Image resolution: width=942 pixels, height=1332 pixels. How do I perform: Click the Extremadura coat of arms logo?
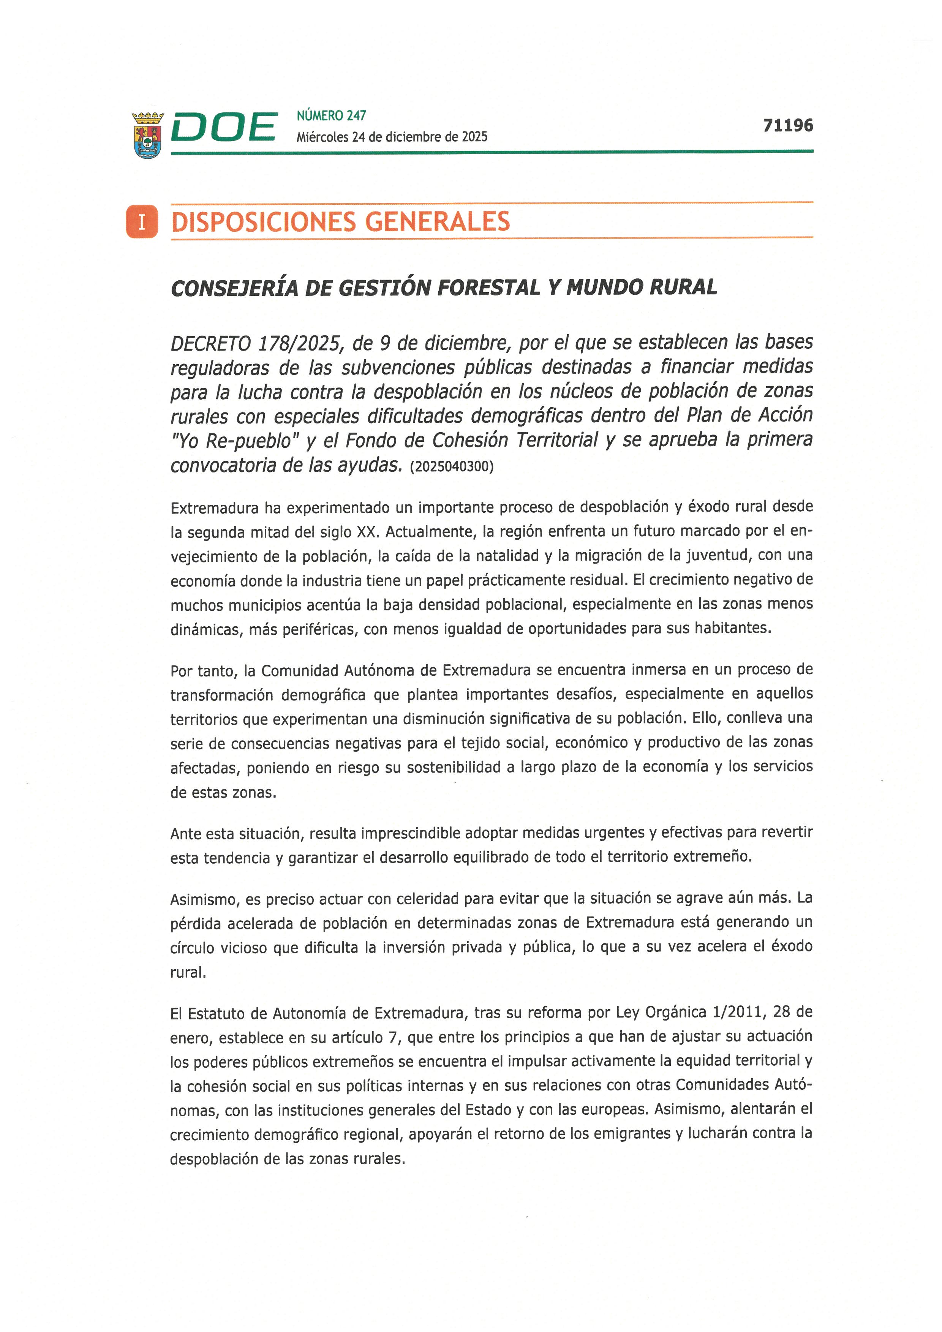click(x=148, y=135)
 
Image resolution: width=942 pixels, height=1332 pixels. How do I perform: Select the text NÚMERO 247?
click(x=331, y=115)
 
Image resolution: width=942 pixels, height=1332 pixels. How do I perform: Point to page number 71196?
click(x=788, y=125)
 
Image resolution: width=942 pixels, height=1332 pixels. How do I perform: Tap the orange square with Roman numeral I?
click(x=142, y=221)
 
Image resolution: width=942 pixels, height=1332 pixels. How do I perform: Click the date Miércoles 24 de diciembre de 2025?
click(x=392, y=137)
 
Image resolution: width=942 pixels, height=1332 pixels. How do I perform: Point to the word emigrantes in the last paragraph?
click(x=627, y=1134)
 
